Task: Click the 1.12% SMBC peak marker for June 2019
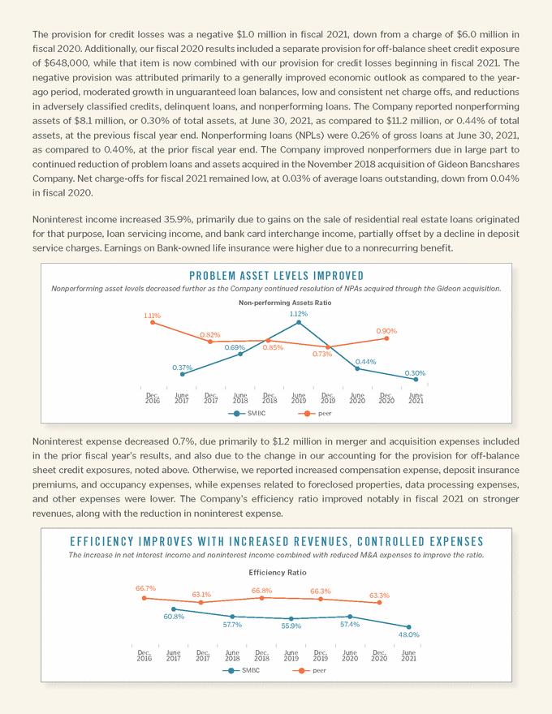[299, 322]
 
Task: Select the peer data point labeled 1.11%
[153, 323]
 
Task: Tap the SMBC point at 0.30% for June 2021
[416, 379]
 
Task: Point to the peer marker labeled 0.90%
[386, 338]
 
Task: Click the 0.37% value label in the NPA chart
[181, 367]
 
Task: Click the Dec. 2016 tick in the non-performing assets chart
[153, 398]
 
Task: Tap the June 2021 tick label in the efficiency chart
[408, 655]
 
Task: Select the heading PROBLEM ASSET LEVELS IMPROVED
[276, 276]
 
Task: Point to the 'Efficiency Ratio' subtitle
[276, 572]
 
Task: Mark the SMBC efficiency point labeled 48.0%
[408, 626]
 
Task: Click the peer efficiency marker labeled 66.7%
[144, 598]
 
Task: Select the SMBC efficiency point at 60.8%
[174, 609]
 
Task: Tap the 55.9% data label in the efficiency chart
[291, 626]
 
